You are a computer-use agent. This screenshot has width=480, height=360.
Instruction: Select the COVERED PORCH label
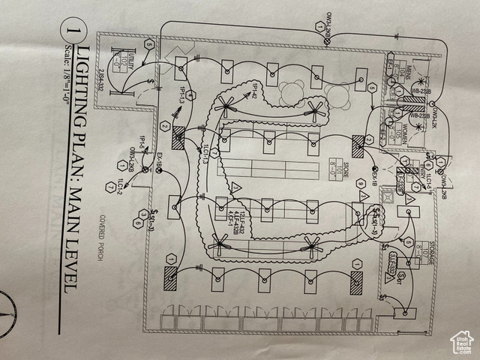(x=109, y=240)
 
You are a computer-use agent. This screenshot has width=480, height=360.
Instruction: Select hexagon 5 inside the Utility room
(x=148, y=45)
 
